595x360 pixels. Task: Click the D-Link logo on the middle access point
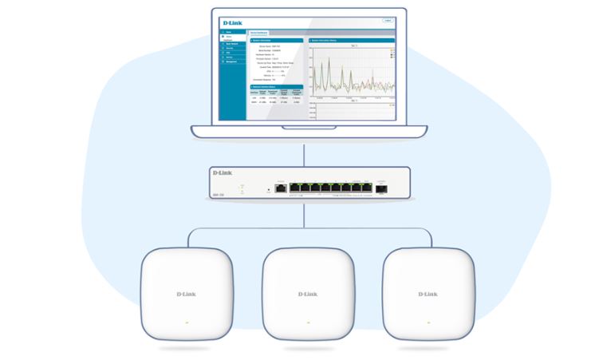point(307,295)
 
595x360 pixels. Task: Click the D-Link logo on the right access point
point(428,295)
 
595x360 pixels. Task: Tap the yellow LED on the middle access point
point(307,323)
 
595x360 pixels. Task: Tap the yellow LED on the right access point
point(428,323)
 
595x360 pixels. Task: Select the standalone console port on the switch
point(281,188)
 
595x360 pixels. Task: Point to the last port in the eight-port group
point(367,188)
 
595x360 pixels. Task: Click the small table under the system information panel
point(276,97)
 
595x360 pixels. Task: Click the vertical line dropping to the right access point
point(430,239)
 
